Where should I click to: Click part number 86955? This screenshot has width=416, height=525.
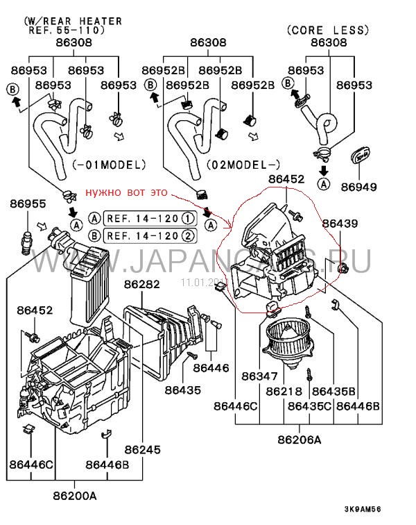pos(26,203)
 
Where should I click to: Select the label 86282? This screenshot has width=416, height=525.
pos(142,284)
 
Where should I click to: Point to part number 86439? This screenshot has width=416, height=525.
pos(340,224)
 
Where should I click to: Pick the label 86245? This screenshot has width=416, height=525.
pos(142,449)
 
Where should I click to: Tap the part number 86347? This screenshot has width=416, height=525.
pos(259,376)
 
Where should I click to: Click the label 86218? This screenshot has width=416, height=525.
pos(286,391)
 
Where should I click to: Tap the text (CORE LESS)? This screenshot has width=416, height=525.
pos(327,30)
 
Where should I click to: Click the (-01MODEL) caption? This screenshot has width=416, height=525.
pos(109,165)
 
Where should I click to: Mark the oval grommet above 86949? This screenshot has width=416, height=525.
pos(360,156)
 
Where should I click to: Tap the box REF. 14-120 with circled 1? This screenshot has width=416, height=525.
pos(149,218)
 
